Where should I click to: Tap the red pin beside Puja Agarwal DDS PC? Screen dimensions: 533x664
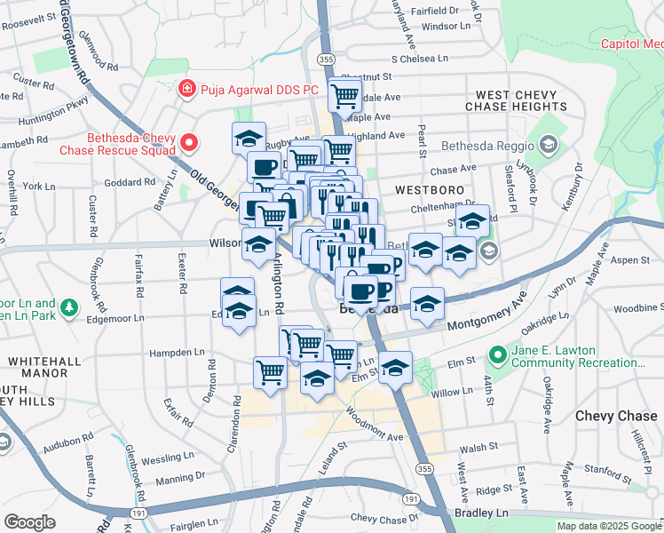[186, 89]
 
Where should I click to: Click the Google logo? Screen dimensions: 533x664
[29, 522]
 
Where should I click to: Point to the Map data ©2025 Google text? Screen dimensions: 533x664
[609, 526]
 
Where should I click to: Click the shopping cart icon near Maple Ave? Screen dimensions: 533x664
[344, 94]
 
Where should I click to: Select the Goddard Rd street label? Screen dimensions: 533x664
[130, 182]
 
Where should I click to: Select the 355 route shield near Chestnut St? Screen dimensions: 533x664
[326, 59]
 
